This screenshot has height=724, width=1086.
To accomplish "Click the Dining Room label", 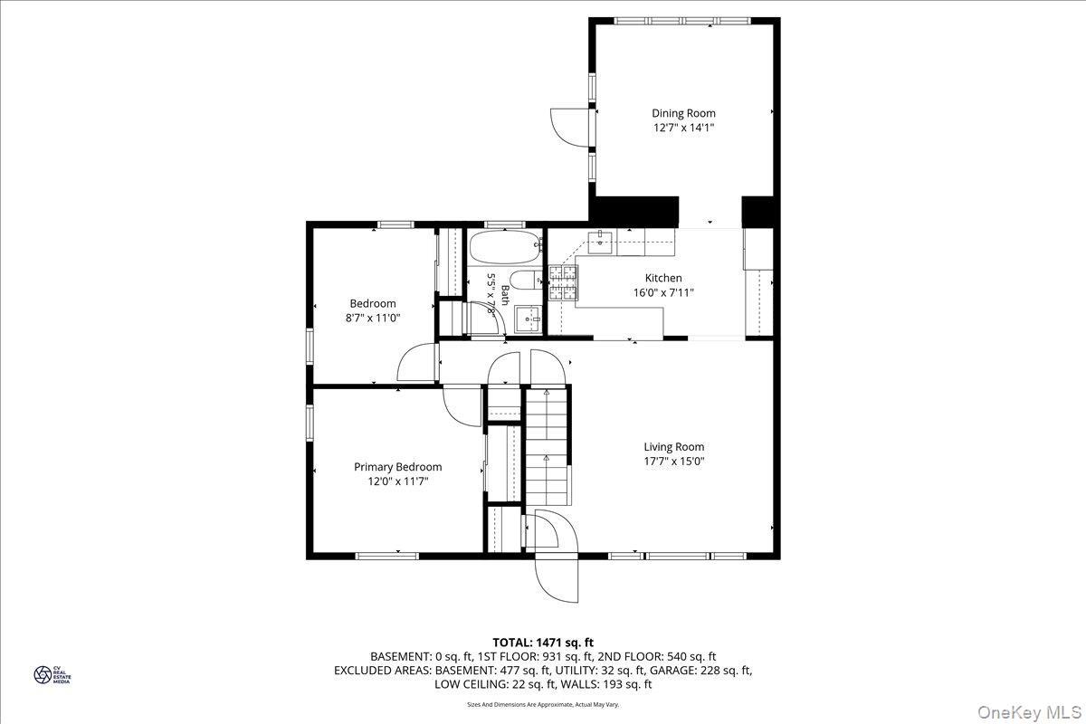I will (683, 113).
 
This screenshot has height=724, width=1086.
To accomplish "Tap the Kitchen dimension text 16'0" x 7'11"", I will (663, 292).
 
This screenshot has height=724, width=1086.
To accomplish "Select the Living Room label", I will (673, 446).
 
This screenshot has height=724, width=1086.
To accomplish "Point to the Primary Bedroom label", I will (397, 467).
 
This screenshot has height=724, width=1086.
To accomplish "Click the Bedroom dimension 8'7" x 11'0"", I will (373, 318).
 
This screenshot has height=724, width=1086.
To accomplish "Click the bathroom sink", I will (527, 318).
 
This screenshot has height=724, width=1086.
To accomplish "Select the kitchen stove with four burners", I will (562, 282).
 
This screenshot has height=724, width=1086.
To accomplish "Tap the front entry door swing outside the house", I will (556, 579).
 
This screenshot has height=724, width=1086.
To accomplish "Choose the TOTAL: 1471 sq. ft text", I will (543, 643).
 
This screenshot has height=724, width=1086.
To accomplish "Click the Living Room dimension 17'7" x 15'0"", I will (673, 461).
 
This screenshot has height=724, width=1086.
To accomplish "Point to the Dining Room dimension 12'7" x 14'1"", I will (683, 128).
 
